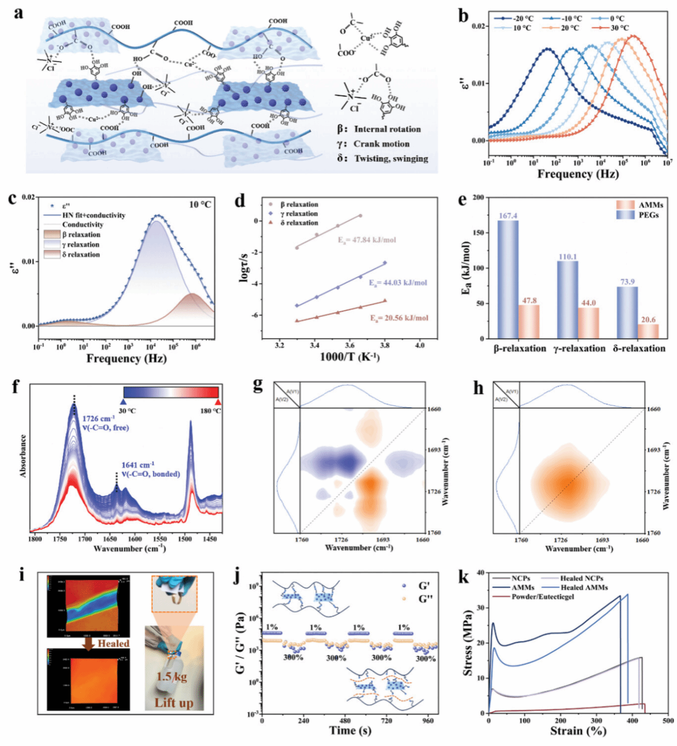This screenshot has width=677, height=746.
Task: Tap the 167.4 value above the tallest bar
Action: tap(508, 216)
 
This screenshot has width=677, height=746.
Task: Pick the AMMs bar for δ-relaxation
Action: tap(648, 331)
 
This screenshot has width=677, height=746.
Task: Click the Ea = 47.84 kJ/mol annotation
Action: tap(367, 240)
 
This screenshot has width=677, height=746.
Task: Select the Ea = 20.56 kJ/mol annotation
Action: tap(399, 318)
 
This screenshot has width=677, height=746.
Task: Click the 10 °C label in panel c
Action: tap(200, 204)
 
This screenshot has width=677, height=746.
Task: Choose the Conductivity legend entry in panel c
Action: tap(83, 225)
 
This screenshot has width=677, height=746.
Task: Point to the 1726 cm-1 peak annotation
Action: tap(98, 419)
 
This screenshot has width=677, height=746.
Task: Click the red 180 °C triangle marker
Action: tap(218, 402)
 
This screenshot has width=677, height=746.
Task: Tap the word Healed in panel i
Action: tap(113, 643)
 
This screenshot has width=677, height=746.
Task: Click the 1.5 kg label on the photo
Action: tap(172, 677)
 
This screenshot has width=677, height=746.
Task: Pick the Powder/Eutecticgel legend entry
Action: tap(542, 596)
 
